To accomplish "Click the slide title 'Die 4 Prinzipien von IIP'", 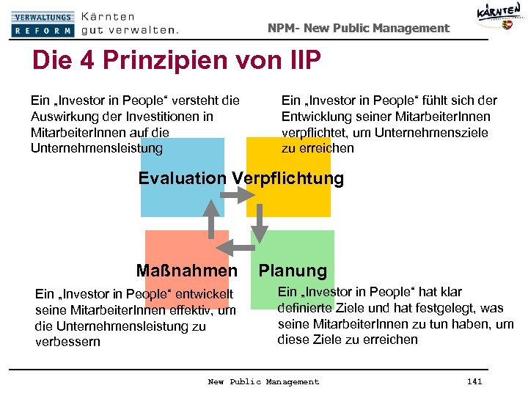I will [176, 61].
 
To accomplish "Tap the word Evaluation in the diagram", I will [183, 178].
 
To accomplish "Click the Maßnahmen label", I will [187, 271].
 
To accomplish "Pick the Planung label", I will [293, 271].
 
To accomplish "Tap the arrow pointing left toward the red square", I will [235, 245].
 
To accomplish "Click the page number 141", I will [474, 381].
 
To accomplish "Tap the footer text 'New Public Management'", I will [263, 381].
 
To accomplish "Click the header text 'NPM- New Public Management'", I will [358, 28].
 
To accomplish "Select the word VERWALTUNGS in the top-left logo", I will [43, 17].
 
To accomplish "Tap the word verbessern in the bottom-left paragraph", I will [67, 342].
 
